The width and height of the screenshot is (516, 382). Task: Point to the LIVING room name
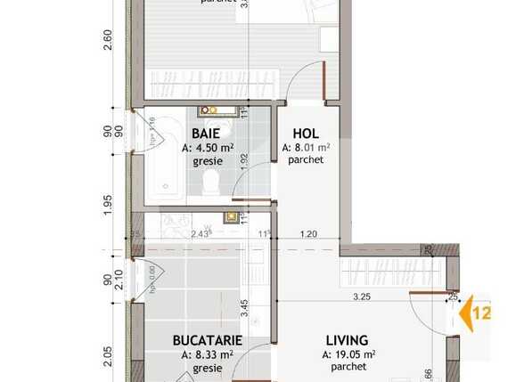pos(347,340)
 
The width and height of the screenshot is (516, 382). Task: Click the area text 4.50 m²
pos(207,148)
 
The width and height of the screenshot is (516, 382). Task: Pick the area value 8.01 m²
pos(307,148)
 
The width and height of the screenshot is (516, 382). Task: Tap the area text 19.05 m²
pos(348,354)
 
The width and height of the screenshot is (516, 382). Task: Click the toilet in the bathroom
pos(210,183)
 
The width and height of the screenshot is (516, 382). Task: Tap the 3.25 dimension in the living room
pos(362,297)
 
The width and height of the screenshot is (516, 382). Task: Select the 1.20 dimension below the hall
pos(308,234)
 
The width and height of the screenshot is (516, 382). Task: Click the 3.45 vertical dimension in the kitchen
pos(243,308)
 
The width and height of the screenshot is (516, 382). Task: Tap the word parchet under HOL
pos(305,161)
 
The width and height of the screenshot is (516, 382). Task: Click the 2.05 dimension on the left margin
pos(107,356)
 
